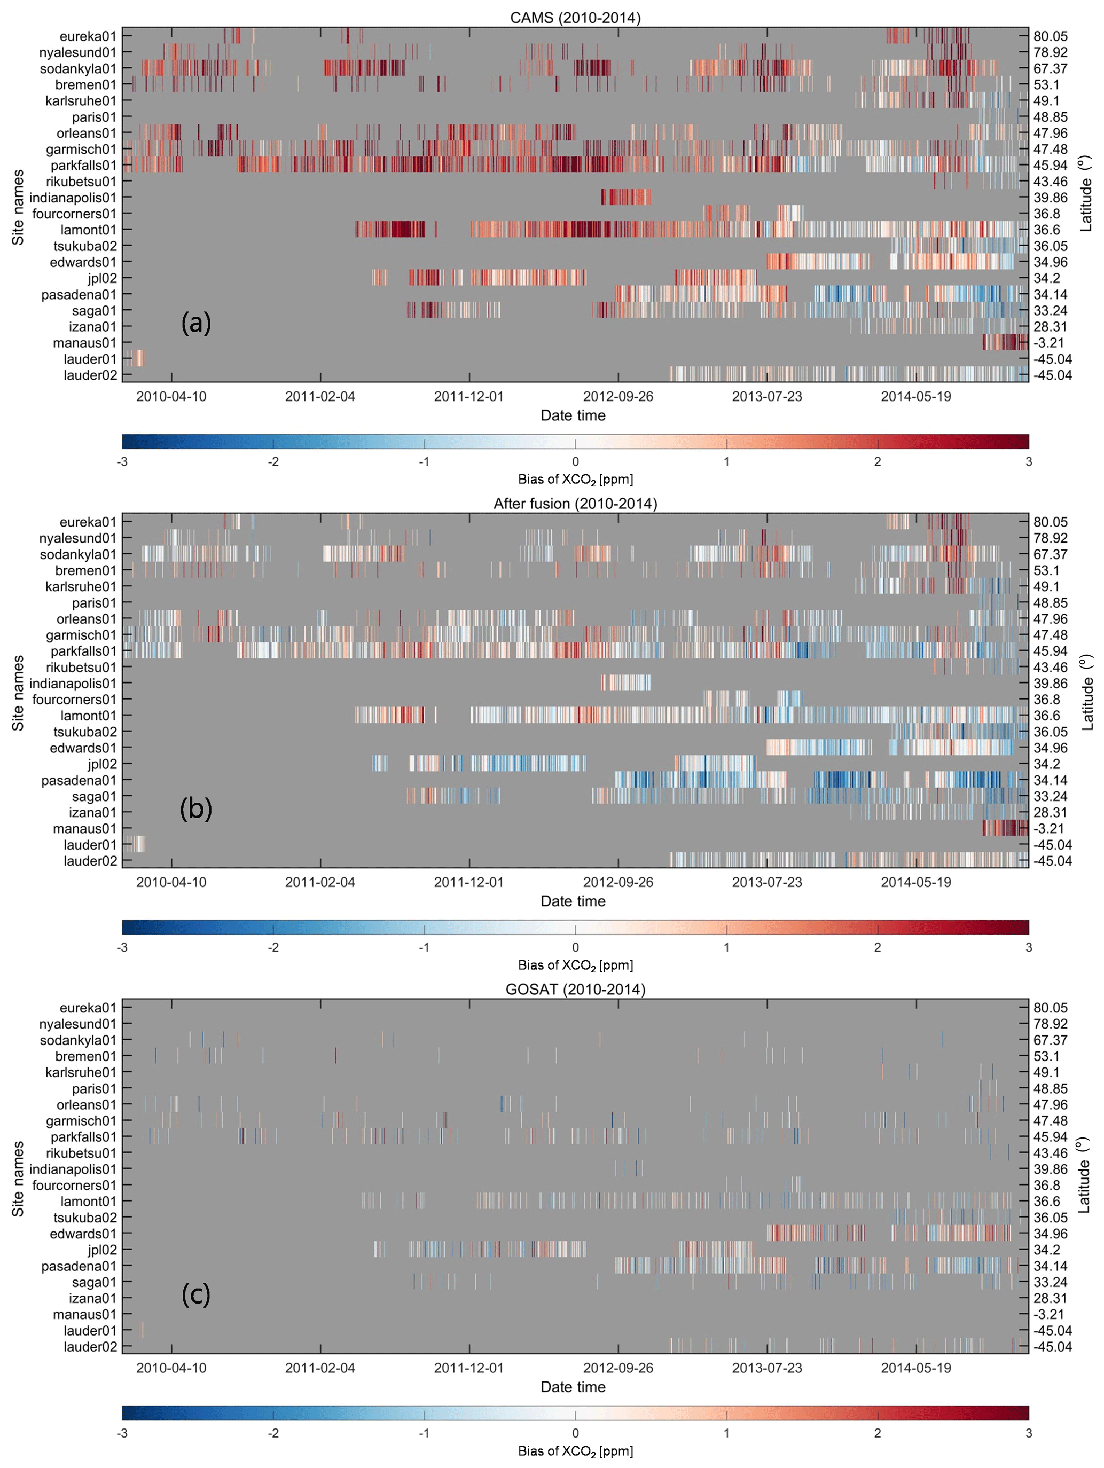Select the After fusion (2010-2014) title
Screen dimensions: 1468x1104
pos(575,504)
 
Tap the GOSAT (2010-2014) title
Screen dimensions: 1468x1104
pos(575,990)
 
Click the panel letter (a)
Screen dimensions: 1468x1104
pos(196,323)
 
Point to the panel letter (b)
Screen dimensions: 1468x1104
pos(196,809)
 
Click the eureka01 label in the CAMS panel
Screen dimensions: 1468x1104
pos(88,36)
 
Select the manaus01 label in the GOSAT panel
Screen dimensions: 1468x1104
pos(84,1314)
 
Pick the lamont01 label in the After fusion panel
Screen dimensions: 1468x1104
pos(88,716)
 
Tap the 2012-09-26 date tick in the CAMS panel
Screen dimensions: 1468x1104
pos(618,396)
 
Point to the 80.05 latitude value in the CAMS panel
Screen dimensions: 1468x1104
pos(1050,36)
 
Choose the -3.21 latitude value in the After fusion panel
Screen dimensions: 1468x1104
pos(1049,828)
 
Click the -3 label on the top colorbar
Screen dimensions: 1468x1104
pos(122,461)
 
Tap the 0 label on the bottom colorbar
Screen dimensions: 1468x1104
pos(575,1433)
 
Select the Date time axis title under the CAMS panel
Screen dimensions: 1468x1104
pos(573,415)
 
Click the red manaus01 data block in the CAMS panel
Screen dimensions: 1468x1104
pos(1004,342)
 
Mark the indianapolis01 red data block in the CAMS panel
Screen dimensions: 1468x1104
pos(625,197)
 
